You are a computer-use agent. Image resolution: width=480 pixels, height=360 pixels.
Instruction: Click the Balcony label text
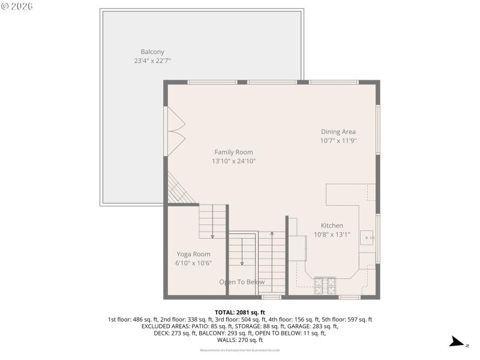pyautogui.click(x=152, y=52)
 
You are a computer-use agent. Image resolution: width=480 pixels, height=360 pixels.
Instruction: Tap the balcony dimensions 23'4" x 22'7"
pyautogui.click(x=152, y=61)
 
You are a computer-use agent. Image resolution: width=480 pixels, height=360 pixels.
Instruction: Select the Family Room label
pyautogui.click(x=233, y=152)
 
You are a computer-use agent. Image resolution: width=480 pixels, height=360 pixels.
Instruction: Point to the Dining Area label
pyautogui.click(x=338, y=131)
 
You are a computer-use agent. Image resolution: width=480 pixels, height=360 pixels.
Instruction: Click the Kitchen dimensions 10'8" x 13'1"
pyautogui.click(x=332, y=235)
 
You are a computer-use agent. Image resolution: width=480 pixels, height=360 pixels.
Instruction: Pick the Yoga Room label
pyautogui.click(x=193, y=254)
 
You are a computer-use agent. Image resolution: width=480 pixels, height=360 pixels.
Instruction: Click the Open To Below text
pyautogui.click(x=241, y=282)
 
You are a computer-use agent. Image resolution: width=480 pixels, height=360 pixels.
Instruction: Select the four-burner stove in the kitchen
pyautogui.click(x=325, y=283)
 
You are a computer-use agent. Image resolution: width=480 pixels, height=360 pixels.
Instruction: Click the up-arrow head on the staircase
pyautogui.click(x=272, y=233)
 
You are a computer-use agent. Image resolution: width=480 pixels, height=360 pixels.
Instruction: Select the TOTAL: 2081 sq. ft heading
pyautogui.click(x=239, y=313)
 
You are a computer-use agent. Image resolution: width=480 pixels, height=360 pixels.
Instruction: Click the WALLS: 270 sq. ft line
pyautogui.click(x=239, y=340)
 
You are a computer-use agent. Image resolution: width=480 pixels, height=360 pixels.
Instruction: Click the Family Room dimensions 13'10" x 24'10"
pyautogui.click(x=233, y=161)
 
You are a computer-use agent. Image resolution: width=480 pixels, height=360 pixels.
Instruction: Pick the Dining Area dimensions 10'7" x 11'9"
pyautogui.click(x=338, y=140)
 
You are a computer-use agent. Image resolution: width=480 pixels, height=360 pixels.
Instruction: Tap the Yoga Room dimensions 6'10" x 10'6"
pyautogui.click(x=193, y=263)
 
